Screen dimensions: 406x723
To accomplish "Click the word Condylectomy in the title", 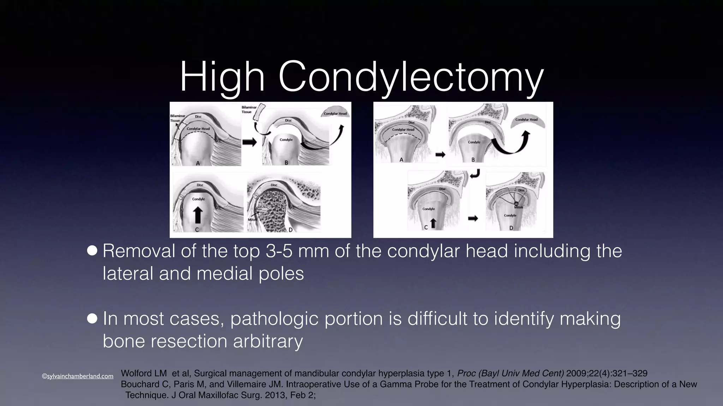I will pyautogui.click(x=411, y=77).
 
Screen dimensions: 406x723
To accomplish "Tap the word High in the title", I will pyautogui.click(x=222, y=77).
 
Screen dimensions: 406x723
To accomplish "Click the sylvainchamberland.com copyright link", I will pyautogui.click(x=78, y=376).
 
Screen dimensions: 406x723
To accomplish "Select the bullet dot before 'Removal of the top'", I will pyautogui.click(x=92, y=251).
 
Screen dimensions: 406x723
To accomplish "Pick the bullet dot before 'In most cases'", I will pyautogui.click(x=92, y=319).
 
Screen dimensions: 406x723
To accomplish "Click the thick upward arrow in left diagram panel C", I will pyautogui.click(x=198, y=215).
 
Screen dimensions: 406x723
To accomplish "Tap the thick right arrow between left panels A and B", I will pyautogui.click(x=250, y=142).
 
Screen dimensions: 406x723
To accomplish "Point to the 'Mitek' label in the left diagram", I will pyautogui.click(x=252, y=220).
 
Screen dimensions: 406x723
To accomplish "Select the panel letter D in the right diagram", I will pyautogui.click(x=511, y=228).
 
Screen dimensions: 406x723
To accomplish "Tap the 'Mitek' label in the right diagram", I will pyautogui.click(x=518, y=208).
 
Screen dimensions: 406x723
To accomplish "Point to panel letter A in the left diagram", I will pyautogui.click(x=198, y=163).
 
